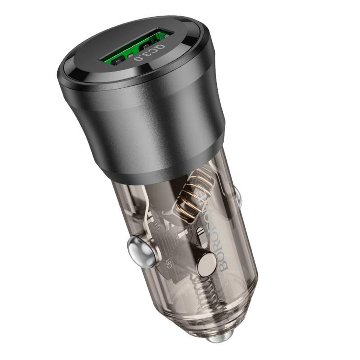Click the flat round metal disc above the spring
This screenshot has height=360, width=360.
(207, 265)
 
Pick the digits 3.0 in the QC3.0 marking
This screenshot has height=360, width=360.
(144, 56)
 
